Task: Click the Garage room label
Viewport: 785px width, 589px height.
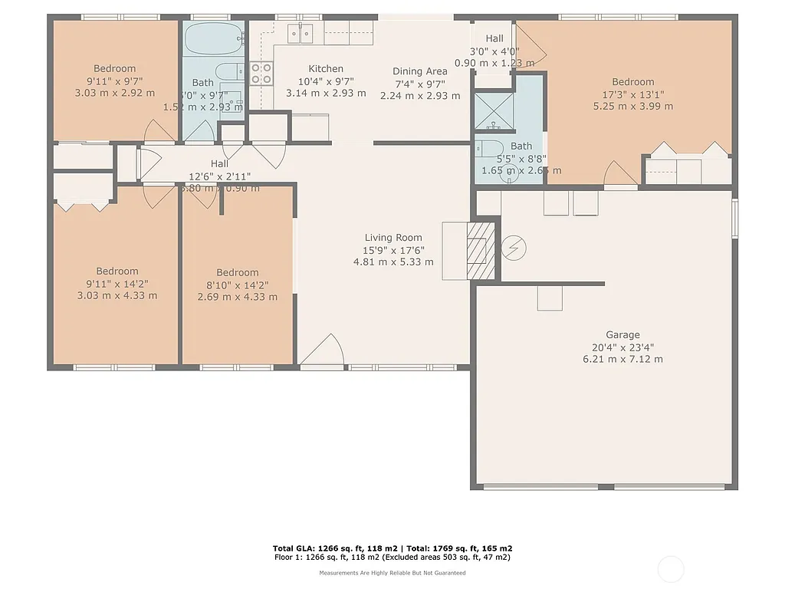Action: coord(622,335)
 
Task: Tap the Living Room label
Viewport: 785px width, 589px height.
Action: coord(393,238)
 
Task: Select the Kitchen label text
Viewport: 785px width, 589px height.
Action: coord(326,69)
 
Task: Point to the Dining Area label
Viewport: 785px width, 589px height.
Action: coord(420,71)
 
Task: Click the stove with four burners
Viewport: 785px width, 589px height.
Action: coord(261,73)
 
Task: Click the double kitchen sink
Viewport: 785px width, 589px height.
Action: coord(301,33)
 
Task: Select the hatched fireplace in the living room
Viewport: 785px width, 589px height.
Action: coord(481,251)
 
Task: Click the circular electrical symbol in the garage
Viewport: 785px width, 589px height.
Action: coord(514,248)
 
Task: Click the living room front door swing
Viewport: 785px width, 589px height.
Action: coord(326,350)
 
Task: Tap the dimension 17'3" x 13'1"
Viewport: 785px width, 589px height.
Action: coord(632,94)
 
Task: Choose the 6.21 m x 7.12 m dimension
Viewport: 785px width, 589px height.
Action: coord(622,359)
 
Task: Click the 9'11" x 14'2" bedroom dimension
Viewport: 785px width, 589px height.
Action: coord(117,283)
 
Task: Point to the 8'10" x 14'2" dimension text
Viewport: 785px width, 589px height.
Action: coord(238,285)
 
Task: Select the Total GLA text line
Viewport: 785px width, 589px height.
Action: coord(392,548)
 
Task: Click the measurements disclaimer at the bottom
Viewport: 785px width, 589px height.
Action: coord(392,573)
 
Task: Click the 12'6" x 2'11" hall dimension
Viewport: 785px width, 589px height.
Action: coord(220,176)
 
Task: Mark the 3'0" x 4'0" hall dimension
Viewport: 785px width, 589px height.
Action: coord(494,51)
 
